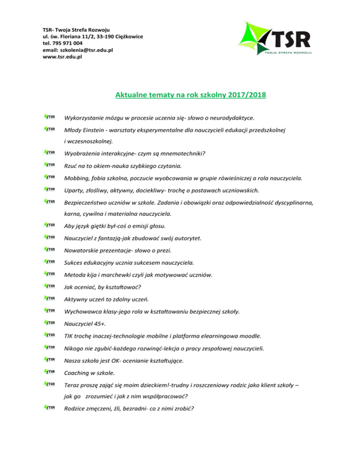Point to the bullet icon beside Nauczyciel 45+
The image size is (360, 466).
(49, 323)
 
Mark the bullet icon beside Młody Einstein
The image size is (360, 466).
(49, 129)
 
